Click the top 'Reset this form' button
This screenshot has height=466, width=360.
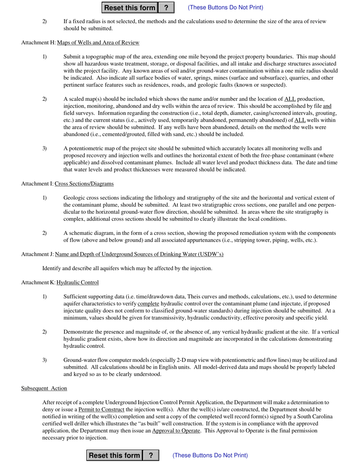[130, 8]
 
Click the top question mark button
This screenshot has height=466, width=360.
[166, 8]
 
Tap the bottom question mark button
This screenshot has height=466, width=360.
[151, 455]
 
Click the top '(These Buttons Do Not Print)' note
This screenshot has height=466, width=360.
[225, 8]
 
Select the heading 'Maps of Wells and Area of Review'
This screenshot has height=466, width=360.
[98, 42]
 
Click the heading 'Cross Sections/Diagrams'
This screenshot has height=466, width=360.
[84, 184]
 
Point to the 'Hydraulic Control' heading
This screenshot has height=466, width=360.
[78, 283]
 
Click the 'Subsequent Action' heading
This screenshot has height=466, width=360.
[44, 388]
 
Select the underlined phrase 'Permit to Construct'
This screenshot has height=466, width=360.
[101, 410]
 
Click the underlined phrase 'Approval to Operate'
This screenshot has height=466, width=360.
[176, 431]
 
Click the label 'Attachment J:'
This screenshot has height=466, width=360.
[38, 254]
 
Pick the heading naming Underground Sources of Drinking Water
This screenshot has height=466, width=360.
[139, 254]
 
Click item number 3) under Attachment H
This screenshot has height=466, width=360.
[45, 149]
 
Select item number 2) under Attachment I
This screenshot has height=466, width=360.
[45, 233]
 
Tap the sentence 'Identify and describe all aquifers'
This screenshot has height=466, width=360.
[127, 269]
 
